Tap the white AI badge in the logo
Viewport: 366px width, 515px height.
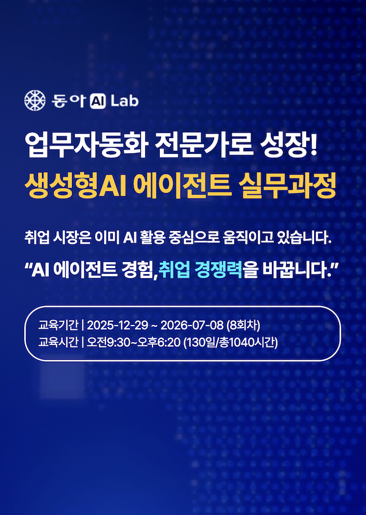pos(98,101)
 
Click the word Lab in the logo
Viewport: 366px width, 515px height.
pos(124,100)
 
